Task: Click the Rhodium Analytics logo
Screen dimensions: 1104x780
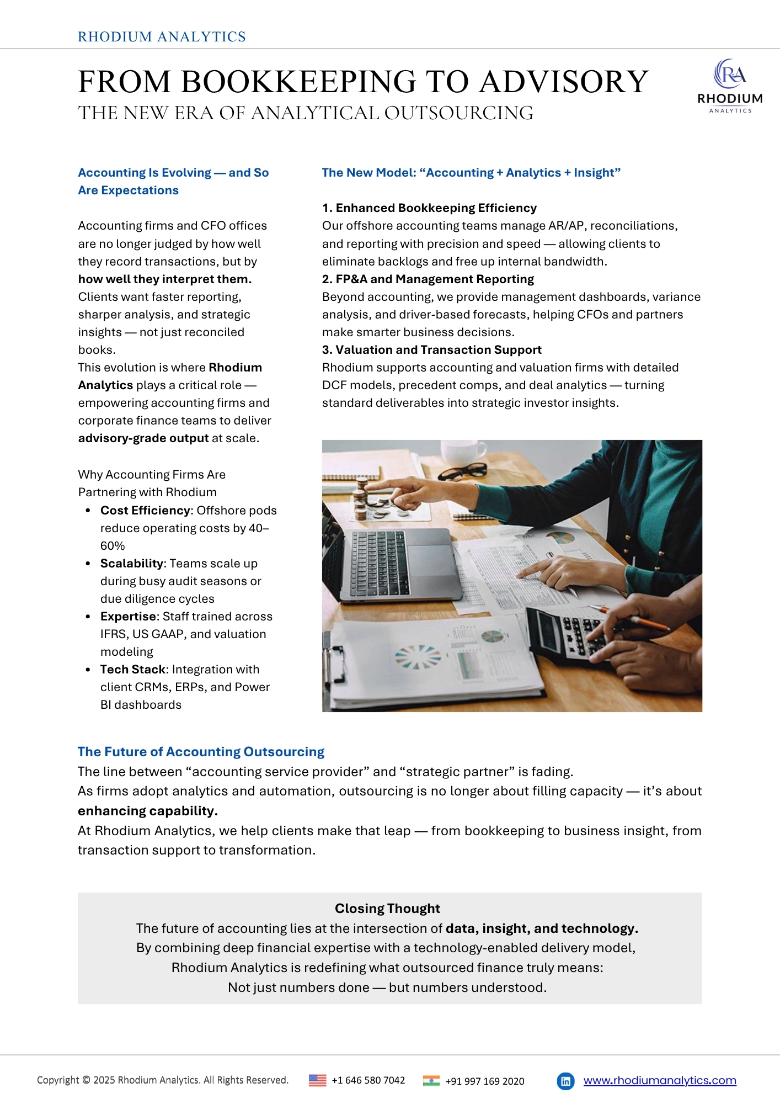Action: [730, 86]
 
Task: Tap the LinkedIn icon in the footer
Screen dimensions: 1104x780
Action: [565, 1081]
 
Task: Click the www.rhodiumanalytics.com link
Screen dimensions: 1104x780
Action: [660, 1080]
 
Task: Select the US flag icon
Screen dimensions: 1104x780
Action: [317, 1080]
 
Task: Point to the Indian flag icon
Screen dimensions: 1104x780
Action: [431, 1081]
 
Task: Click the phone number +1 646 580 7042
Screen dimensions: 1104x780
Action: [368, 1080]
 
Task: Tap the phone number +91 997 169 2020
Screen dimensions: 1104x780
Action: [484, 1081]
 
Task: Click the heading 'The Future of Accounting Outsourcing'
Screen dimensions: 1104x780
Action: [201, 752]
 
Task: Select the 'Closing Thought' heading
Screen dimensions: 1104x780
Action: [387, 909]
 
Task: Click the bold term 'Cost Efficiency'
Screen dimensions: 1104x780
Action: [145, 511]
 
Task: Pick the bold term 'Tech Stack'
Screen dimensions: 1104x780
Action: [133, 670]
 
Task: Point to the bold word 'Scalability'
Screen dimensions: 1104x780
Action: [132, 564]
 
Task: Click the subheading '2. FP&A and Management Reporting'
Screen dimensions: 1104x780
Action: [428, 279]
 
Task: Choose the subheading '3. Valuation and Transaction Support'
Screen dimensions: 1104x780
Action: [431, 350]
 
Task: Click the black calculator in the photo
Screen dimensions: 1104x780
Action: [568, 635]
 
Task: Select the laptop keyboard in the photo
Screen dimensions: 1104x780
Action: [381, 560]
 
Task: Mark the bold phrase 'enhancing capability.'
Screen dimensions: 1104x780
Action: [148, 811]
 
